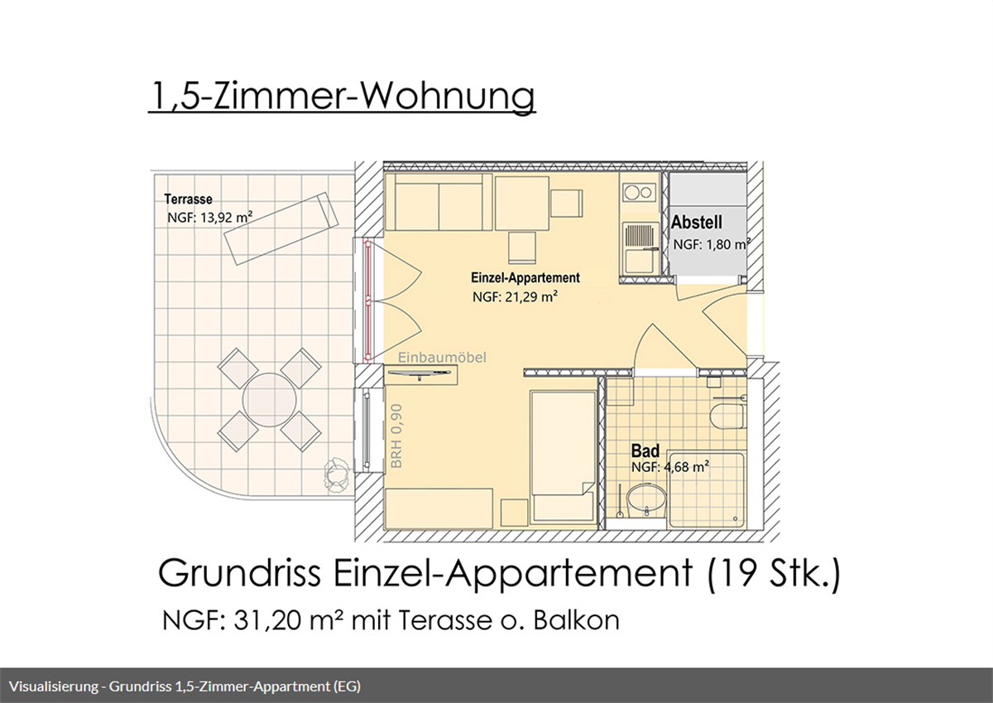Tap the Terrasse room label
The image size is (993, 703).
pos(188,200)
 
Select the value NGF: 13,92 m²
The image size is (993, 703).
pos(209,218)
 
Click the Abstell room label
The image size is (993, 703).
pos(697,222)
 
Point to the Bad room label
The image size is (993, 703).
pos(645,451)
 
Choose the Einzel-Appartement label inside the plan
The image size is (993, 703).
pos(525,278)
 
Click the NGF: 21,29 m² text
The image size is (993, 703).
pos(514,297)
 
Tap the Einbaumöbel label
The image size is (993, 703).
pos(442,358)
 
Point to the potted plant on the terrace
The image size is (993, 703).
pos(336,474)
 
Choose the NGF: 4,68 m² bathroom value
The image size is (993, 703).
pos(670,467)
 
